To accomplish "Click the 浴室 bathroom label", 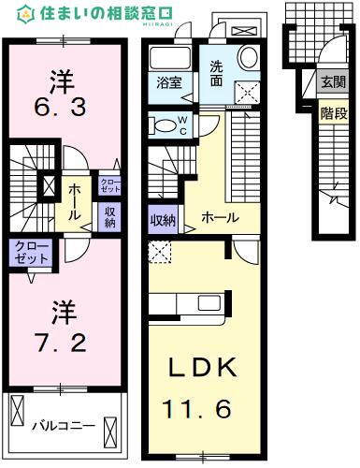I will click(x=168, y=82).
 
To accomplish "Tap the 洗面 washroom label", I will click(x=216, y=74).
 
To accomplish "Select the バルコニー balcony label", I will click(x=63, y=425).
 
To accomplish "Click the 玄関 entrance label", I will click(x=332, y=82).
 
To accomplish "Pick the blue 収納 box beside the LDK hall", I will click(x=163, y=221).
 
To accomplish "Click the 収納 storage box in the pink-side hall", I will click(x=110, y=216).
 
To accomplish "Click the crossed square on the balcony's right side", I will click(x=113, y=432).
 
